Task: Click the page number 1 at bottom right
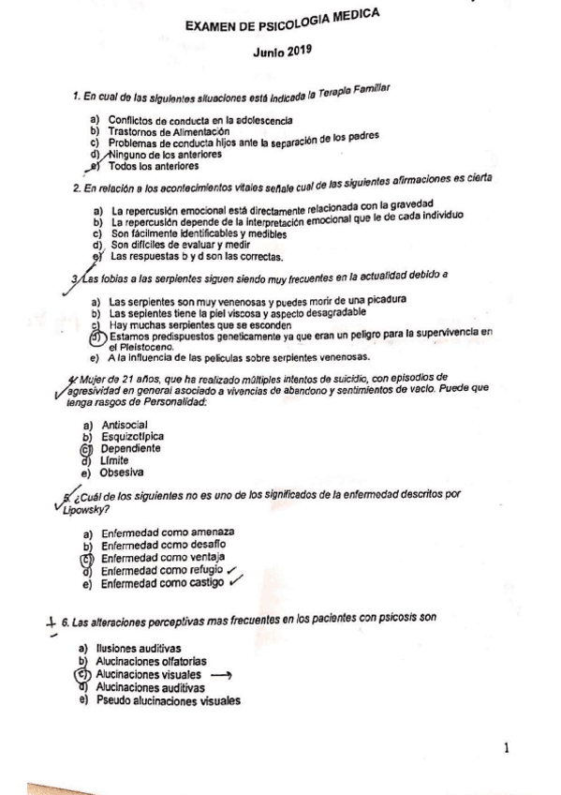506,748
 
